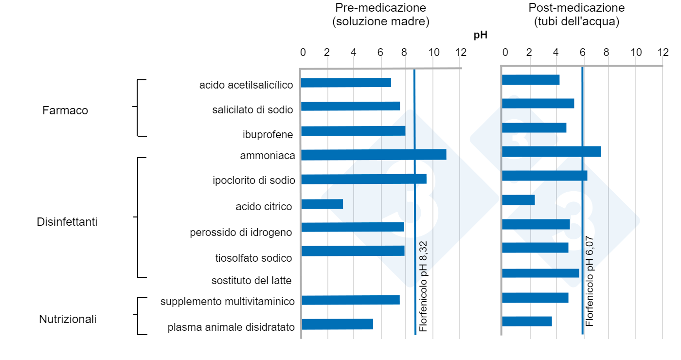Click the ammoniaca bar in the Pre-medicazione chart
(x=374, y=155)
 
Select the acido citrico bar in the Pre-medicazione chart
(x=322, y=204)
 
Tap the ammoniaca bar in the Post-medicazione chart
(x=551, y=151)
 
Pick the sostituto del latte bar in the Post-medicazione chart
(x=540, y=273)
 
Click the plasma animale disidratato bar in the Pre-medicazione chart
(x=337, y=324)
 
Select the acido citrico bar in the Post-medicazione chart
(x=519, y=200)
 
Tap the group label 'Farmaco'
(x=65, y=110)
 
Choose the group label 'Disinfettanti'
(x=67, y=222)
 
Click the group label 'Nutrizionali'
(x=68, y=319)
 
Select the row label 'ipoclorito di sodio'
(x=254, y=180)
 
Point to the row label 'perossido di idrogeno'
(x=241, y=232)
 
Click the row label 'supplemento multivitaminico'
(x=228, y=302)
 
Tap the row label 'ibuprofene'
(x=268, y=134)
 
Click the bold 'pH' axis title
(x=481, y=35)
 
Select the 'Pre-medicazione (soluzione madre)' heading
(x=380, y=15)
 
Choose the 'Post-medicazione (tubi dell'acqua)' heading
(x=576, y=15)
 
